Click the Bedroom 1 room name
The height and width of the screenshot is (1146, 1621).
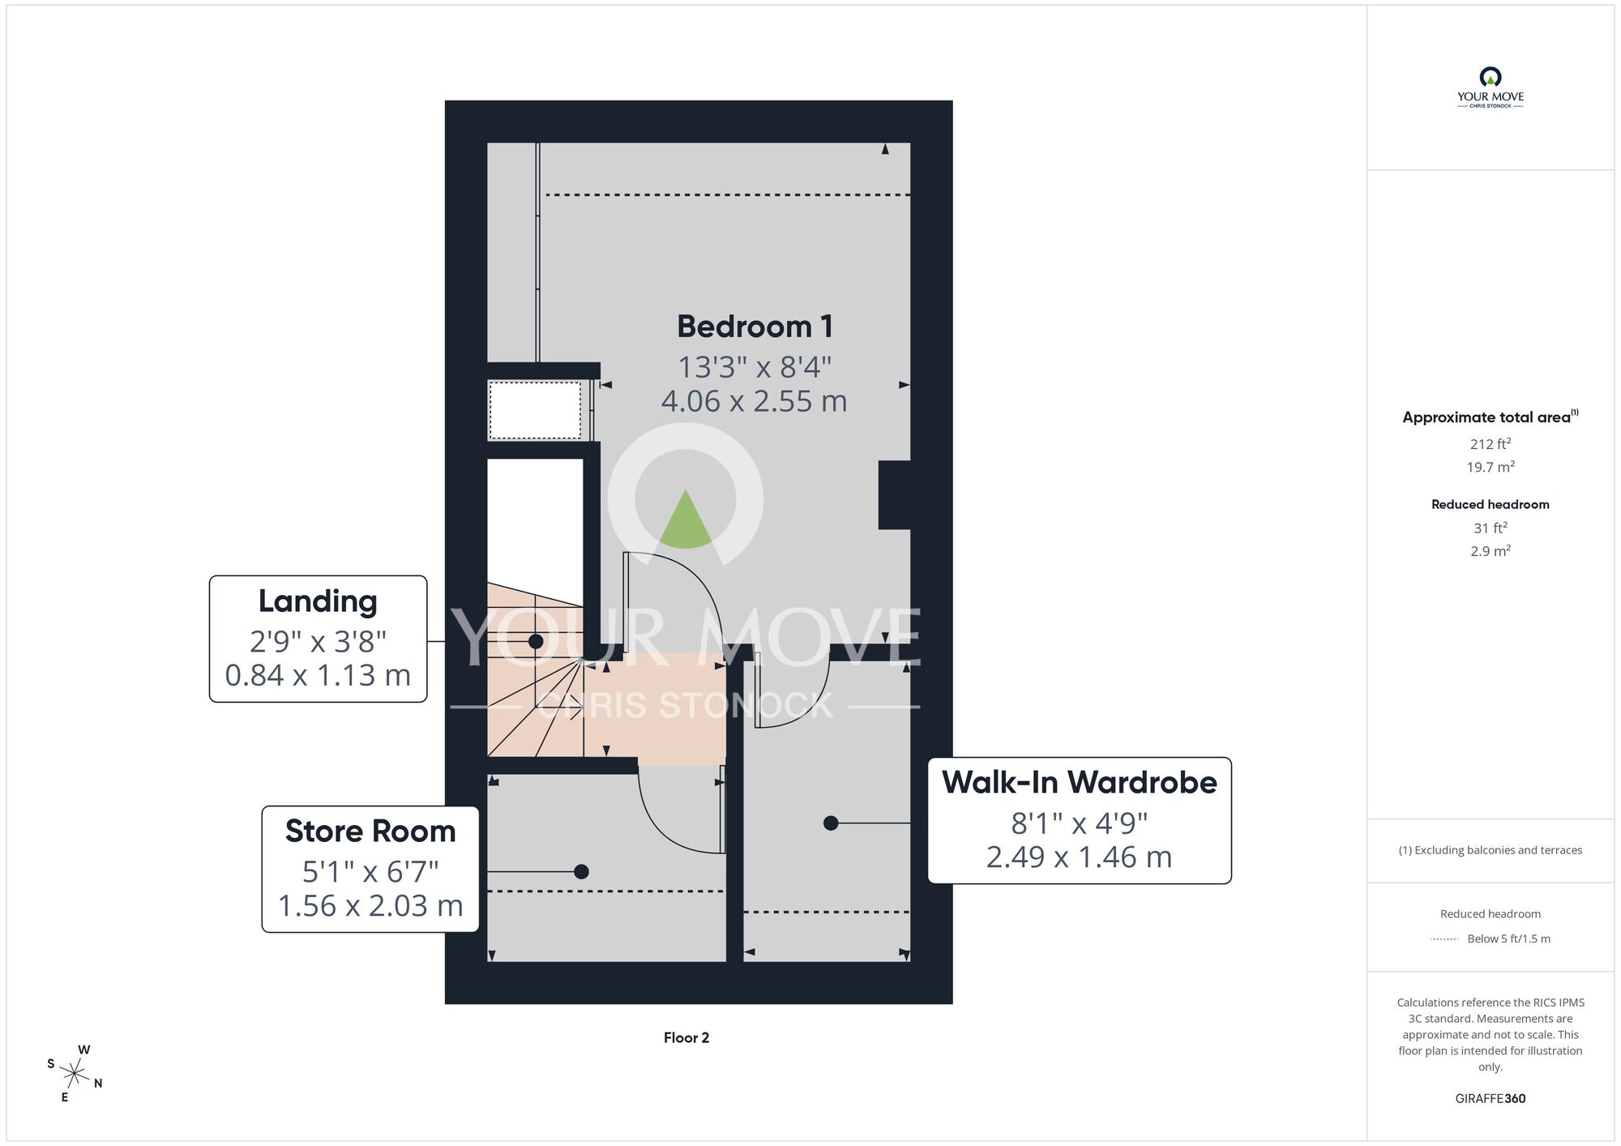[755, 327]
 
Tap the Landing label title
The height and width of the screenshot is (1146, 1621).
[318, 601]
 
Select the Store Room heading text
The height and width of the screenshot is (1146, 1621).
[370, 832]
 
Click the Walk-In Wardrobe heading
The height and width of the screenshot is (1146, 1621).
[1080, 782]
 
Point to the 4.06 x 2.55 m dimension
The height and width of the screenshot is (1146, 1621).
[754, 401]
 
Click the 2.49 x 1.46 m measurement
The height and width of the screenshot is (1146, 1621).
[1080, 857]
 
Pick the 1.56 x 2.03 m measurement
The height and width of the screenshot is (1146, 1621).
[370, 905]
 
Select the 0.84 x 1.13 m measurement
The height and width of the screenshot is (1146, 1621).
[318, 675]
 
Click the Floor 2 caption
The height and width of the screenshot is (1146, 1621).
[686, 1037]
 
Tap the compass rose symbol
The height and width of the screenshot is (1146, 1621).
[75, 1075]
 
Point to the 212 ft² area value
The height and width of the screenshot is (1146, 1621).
[1491, 443]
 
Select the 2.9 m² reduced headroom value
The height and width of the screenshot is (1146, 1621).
[1491, 551]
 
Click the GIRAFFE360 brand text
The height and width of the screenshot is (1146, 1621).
[1491, 1099]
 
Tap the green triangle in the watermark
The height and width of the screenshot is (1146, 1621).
[686, 518]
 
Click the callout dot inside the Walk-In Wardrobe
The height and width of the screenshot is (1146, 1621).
[831, 823]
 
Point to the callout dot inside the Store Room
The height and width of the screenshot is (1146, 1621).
[581, 872]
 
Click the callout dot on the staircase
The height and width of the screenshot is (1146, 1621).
[536, 642]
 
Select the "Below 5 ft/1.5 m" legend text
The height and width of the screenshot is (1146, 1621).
[1508, 939]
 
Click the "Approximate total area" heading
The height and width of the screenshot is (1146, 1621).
[1486, 417]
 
